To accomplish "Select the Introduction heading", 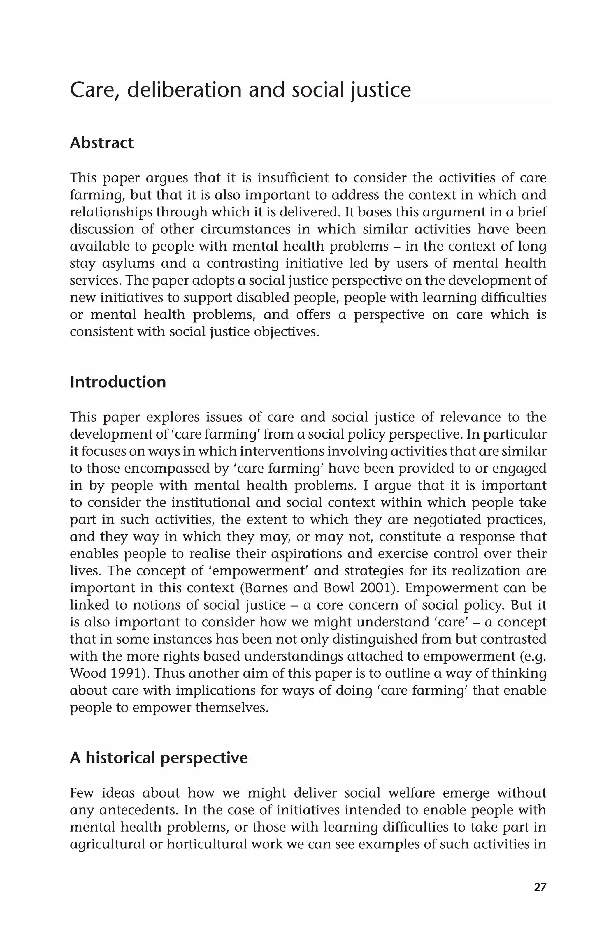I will pos(118,382).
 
